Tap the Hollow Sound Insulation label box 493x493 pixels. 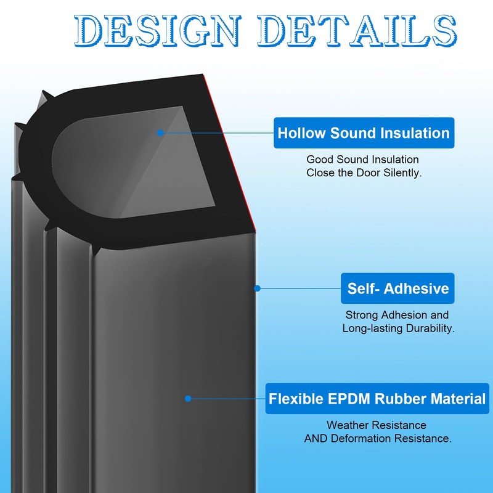click(364, 133)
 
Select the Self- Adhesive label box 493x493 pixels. click(397, 288)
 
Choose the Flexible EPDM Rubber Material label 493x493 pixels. click(377, 399)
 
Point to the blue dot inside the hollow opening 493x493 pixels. click(160, 132)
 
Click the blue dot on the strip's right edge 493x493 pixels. click(258, 288)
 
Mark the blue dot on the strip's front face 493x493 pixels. click(188, 399)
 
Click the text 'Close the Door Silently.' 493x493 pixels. click(364, 173)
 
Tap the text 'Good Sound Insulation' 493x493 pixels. click(362, 160)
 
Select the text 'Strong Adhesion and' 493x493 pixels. click(397, 315)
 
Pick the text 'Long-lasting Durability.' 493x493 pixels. click(398, 328)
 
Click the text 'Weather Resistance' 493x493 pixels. click(376, 425)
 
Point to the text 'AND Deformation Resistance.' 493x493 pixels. click(378, 439)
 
